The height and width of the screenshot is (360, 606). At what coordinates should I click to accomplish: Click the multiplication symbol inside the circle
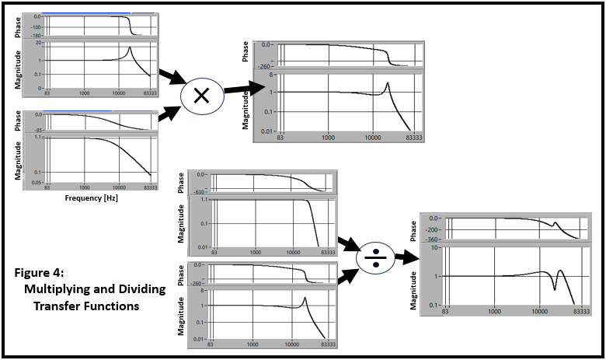click(201, 95)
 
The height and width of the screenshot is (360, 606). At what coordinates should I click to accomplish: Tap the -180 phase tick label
click(34, 35)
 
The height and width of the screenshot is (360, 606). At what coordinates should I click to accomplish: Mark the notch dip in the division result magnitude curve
click(554, 288)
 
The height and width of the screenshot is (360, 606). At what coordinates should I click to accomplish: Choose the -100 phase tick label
click(34, 26)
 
